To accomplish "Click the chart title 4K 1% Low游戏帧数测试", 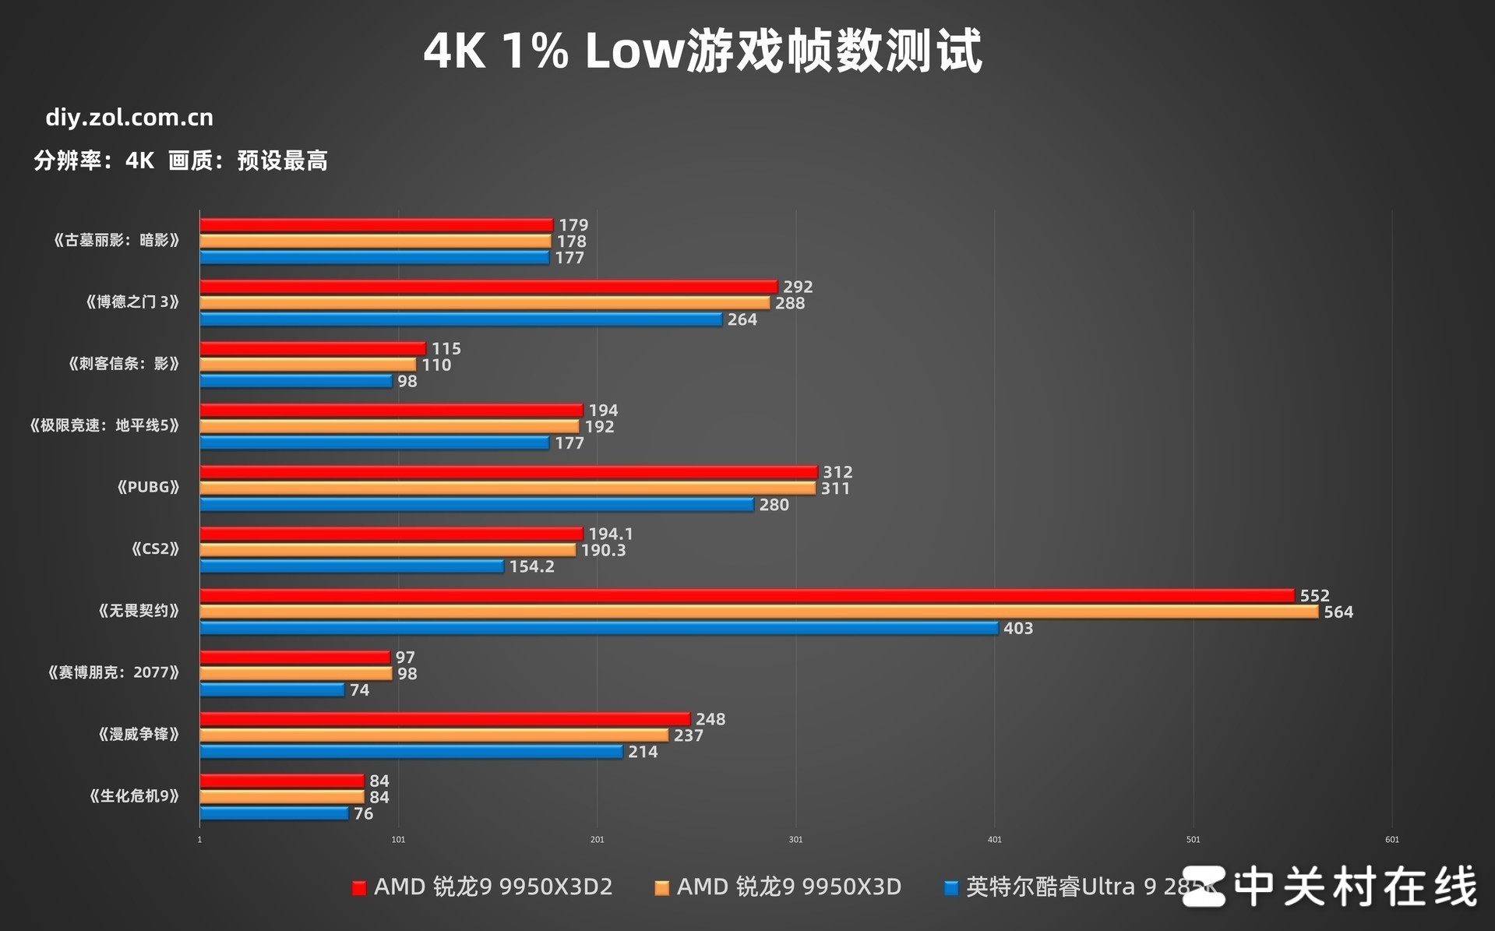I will (703, 51).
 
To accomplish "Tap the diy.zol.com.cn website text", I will (129, 118).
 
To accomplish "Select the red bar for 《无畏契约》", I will (746, 595).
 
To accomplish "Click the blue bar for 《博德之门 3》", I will (460, 319).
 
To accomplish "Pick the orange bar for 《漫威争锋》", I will (434, 735).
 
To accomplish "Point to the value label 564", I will (1338, 612).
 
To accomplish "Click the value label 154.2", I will (531, 566).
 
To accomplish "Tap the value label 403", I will (1017, 629).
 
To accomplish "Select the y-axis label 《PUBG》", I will (148, 488).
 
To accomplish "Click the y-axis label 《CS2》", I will (155, 549).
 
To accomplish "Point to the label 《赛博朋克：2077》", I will (113, 672).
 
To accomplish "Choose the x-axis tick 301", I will (795, 840).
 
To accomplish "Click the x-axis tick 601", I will (1391, 840).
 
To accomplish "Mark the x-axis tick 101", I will (398, 840).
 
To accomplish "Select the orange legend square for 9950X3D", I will (661, 888).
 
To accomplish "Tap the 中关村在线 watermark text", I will (1356, 887).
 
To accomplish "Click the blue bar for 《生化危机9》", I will (274, 813).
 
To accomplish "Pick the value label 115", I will (446, 349).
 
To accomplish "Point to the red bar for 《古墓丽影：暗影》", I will (376, 225).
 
